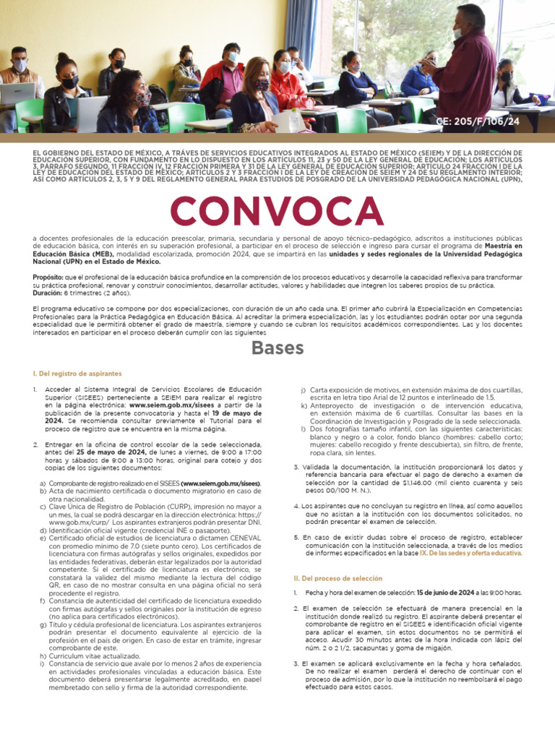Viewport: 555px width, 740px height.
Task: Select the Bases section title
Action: point(277,348)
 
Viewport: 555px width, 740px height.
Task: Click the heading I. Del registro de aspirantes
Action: point(77,374)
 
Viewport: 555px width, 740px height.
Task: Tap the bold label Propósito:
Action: point(48,277)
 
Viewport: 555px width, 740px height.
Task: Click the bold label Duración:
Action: point(48,294)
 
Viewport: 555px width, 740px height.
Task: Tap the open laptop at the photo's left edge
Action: point(16,95)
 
